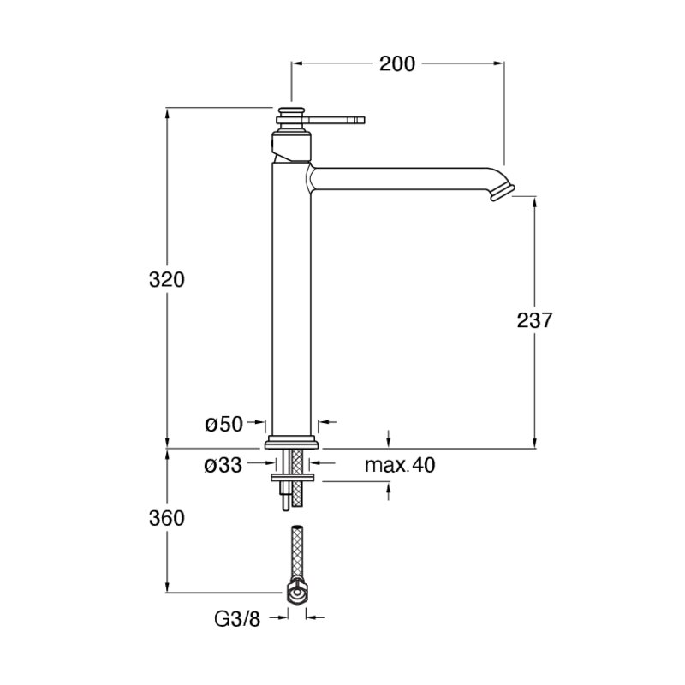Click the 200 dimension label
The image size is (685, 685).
coord(396,63)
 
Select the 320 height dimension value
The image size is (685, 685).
coord(167,280)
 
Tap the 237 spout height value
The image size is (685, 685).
coord(534,320)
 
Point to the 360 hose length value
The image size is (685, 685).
coord(167,518)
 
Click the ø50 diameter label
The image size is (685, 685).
coord(223,424)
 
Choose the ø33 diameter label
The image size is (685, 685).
coord(223,466)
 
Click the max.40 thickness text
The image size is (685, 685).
coord(400,465)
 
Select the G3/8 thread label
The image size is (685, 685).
coord(237,618)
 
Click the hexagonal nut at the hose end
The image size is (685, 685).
coord(297,593)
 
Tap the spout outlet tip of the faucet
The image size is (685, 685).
coord(503,192)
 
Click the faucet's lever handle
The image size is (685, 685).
coord(337,120)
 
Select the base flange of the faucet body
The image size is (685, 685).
coord(293,442)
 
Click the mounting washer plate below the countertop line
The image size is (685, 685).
coord(292,478)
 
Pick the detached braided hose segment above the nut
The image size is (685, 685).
coord(297,553)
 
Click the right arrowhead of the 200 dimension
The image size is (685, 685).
coord(499,63)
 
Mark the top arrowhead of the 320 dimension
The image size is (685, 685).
coord(167,113)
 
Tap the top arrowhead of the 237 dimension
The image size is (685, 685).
coord(534,203)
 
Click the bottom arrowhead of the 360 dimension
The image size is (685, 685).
coord(167,587)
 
